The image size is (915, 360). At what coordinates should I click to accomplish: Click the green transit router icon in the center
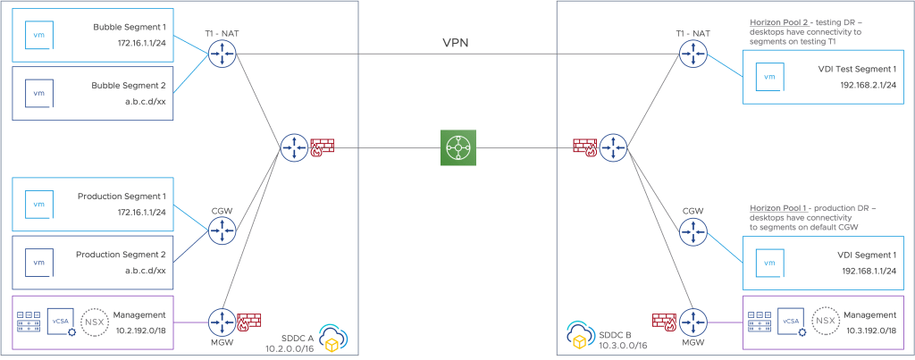[x=457, y=147]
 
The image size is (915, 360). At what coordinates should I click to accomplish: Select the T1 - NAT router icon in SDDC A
[x=219, y=57]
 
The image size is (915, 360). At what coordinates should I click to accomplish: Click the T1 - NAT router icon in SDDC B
[x=692, y=57]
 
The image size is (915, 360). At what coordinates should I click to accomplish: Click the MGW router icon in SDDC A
[x=219, y=320]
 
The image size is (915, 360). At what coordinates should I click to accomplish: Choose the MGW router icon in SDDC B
[x=692, y=320]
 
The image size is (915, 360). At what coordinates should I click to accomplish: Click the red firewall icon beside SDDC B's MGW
[x=663, y=319]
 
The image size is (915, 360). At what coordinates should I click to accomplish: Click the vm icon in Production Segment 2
[x=38, y=263]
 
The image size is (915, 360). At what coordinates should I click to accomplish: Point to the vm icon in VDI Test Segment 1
[x=767, y=78]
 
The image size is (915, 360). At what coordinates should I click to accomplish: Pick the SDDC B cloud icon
[x=580, y=335]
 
